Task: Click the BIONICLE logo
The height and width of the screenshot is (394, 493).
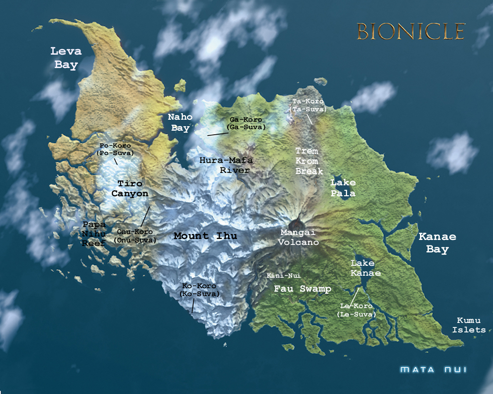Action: click(x=411, y=31)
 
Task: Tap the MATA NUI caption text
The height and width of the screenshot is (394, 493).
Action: click(x=433, y=370)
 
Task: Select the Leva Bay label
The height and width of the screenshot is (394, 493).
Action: click(x=67, y=58)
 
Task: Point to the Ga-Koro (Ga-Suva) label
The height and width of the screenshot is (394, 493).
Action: click(x=246, y=123)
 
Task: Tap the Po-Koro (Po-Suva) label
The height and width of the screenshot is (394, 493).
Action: click(x=115, y=149)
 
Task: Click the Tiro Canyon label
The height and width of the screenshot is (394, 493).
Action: click(x=130, y=188)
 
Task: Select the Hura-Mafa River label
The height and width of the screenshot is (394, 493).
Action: click(x=226, y=165)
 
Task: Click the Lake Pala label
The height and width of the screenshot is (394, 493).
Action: click(x=343, y=188)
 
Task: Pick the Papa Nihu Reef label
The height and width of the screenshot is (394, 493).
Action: click(x=94, y=234)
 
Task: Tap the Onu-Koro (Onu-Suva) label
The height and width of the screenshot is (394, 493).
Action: click(x=135, y=236)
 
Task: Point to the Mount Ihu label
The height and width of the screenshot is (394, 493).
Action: click(x=205, y=236)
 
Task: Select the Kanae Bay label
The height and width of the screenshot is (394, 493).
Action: click(x=437, y=243)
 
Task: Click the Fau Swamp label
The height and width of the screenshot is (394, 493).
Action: click(x=303, y=289)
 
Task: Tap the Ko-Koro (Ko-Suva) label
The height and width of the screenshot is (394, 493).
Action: click(x=199, y=290)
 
